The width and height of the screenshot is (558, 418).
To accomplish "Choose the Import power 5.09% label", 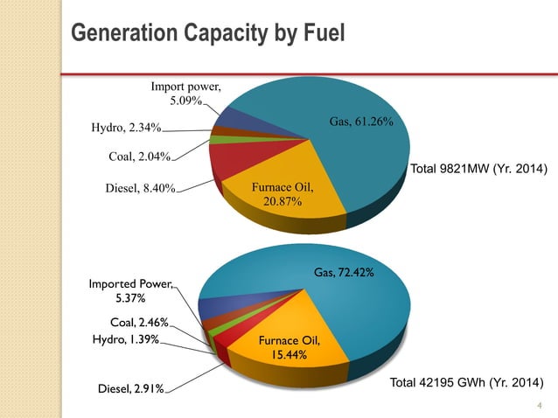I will (185, 94).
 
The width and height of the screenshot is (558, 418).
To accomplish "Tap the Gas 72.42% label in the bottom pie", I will (345, 274).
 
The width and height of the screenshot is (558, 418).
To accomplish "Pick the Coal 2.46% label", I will (139, 322).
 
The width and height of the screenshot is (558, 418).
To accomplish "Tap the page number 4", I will (540, 405).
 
